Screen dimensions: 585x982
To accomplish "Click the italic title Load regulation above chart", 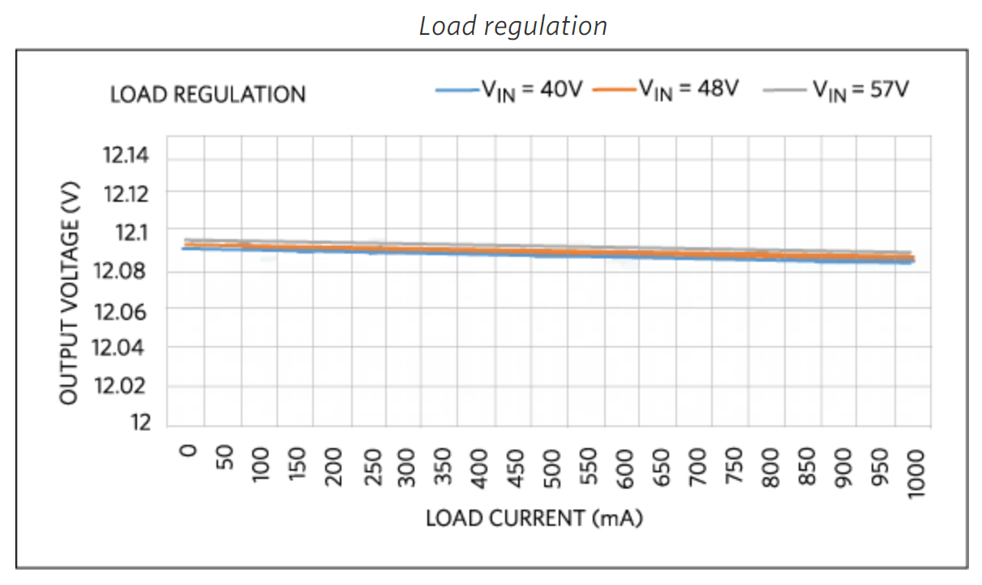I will coord(512,26).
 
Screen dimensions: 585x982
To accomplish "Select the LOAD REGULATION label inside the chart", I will coord(208,95).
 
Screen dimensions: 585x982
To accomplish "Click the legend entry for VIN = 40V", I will coord(509,89).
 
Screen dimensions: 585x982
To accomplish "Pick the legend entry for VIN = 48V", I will coord(665,89).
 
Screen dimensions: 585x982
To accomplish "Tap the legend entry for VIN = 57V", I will coord(836,89).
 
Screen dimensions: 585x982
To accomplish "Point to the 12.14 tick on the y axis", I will coord(126,155).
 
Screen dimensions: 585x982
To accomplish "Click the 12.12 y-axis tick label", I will coord(126,193).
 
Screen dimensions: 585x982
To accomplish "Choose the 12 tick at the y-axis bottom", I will coord(140,423).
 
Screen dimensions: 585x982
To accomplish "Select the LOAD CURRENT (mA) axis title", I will coord(534,519).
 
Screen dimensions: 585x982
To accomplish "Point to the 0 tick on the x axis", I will coord(188,450).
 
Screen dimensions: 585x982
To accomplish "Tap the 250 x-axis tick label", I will coord(372,465).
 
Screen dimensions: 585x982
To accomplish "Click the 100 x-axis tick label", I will coord(261,465).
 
